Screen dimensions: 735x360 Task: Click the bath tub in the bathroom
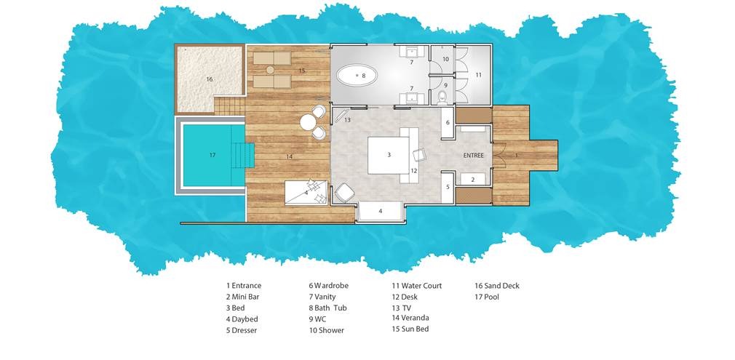(x=357, y=75)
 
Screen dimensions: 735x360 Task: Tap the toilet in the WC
(x=442, y=97)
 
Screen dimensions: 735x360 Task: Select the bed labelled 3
(x=389, y=155)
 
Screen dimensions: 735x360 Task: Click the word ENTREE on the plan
(x=473, y=155)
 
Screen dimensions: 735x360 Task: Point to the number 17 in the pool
(x=212, y=155)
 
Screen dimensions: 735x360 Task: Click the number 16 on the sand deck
(x=210, y=79)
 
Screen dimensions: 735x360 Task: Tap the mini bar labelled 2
(x=472, y=179)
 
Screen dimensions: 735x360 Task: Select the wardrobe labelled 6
(x=448, y=122)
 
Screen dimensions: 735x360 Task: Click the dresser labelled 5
(x=448, y=187)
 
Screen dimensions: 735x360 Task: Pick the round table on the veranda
(x=308, y=122)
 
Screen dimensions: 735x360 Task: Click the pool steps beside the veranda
(x=243, y=155)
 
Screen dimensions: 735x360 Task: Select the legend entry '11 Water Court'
(x=417, y=286)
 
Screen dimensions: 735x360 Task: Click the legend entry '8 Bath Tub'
(x=333, y=308)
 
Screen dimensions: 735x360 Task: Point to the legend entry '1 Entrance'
(x=244, y=286)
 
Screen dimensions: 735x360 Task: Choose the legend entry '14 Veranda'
(x=410, y=318)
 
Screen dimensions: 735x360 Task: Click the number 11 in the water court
(x=478, y=74)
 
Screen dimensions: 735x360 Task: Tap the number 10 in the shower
(x=445, y=59)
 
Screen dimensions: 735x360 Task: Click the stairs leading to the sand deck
(x=230, y=105)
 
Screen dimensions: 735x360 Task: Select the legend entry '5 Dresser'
(x=242, y=330)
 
